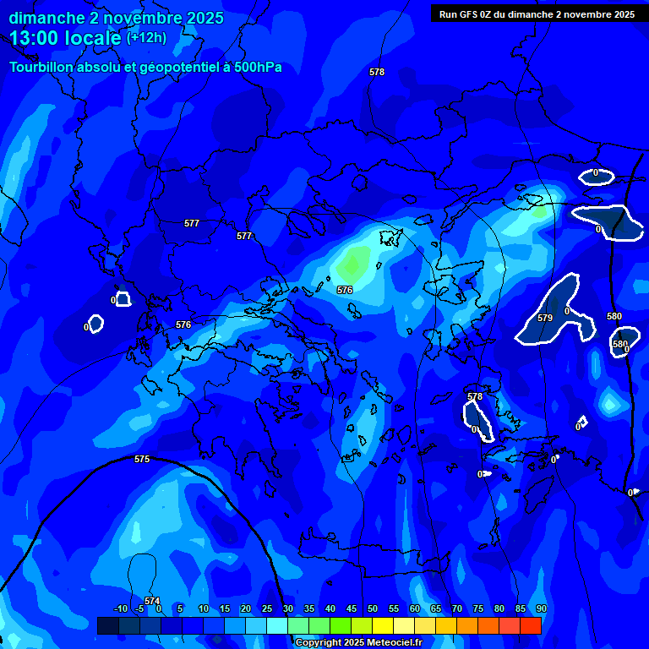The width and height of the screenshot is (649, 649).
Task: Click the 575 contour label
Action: point(142,459)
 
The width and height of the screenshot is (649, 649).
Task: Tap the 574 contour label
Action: point(152,601)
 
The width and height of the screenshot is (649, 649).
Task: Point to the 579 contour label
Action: point(545,319)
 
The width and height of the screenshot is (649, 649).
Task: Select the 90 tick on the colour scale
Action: point(541,608)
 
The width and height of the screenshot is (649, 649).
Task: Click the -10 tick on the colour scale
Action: point(120,608)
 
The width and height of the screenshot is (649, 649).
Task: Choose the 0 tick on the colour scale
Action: point(159,608)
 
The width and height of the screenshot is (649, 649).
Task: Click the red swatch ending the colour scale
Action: point(530,625)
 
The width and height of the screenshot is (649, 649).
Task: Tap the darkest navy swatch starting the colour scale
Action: point(107,625)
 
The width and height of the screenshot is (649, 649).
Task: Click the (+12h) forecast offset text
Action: point(146,38)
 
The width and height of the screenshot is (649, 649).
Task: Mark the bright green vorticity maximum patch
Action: point(355,264)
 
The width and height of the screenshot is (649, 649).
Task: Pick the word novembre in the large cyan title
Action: point(137,18)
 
